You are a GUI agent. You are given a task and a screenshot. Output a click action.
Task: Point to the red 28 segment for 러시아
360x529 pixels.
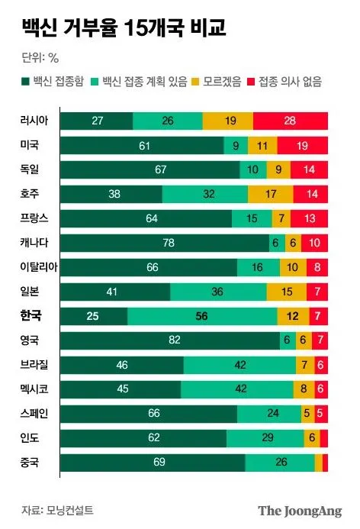click(x=290, y=121)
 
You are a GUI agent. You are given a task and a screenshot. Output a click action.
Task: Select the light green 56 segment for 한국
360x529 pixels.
click(x=202, y=316)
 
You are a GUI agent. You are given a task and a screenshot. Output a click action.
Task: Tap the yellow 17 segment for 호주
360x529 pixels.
click(x=270, y=194)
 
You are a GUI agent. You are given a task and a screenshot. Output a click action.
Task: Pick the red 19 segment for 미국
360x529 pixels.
click(x=302, y=145)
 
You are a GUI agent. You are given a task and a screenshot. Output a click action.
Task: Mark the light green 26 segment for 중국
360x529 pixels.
click(x=279, y=463)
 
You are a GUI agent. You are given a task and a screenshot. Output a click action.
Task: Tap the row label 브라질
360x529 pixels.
click(x=36, y=365)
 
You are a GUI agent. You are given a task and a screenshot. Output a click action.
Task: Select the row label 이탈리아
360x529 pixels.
click(x=39, y=267)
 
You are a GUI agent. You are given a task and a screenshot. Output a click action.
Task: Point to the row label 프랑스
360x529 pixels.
click(x=36, y=218)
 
